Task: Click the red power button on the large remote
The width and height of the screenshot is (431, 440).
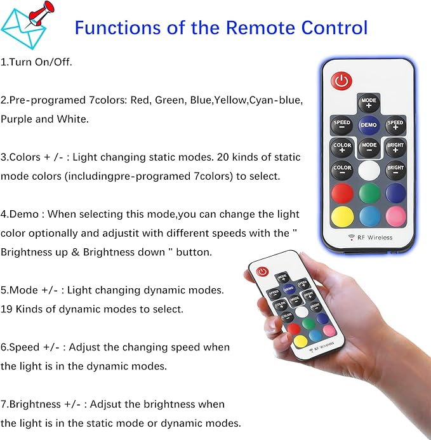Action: coord(341,81)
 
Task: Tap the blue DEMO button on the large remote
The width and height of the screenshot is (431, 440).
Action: coord(369,125)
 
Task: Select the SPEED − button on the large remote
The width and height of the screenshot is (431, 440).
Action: coord(341,124)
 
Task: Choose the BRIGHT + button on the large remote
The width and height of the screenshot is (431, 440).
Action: coord(395,147)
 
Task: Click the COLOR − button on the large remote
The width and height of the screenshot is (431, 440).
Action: coord(341,170)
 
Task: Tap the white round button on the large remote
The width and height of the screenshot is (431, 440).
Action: coord(369,170)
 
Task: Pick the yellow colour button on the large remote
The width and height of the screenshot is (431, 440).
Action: coord(342,217)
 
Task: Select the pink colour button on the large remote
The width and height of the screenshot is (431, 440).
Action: coord(396,216)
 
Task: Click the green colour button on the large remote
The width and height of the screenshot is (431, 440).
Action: coord(369,193)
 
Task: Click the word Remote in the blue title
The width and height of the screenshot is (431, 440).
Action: coord(260,27)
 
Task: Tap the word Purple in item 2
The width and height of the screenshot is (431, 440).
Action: coord(16,119)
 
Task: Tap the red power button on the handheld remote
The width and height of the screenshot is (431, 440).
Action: coord(262,272)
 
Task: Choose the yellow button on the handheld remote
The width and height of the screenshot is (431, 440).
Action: coord(300,341)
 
